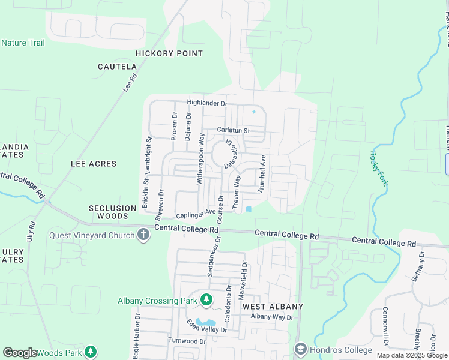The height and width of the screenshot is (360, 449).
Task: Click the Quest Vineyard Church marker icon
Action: [143, 235]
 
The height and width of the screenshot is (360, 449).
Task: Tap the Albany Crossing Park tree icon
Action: [206, 299]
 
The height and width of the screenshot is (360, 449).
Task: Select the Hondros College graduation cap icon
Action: [301, 349]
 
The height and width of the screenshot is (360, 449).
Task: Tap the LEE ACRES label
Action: [94, 163]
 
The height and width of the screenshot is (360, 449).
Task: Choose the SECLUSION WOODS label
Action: [113, 212]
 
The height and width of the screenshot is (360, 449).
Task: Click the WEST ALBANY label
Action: [273, 306]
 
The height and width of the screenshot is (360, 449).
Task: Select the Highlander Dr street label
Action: [208, 103]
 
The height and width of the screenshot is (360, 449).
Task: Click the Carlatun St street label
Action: [233, 130]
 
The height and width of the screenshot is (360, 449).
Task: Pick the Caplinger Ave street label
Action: [196, 214]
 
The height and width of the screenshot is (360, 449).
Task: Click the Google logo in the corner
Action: [20, 353]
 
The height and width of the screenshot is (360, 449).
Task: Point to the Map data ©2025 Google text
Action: [412, 355]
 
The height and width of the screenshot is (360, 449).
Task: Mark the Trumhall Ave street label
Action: [262, 173]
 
